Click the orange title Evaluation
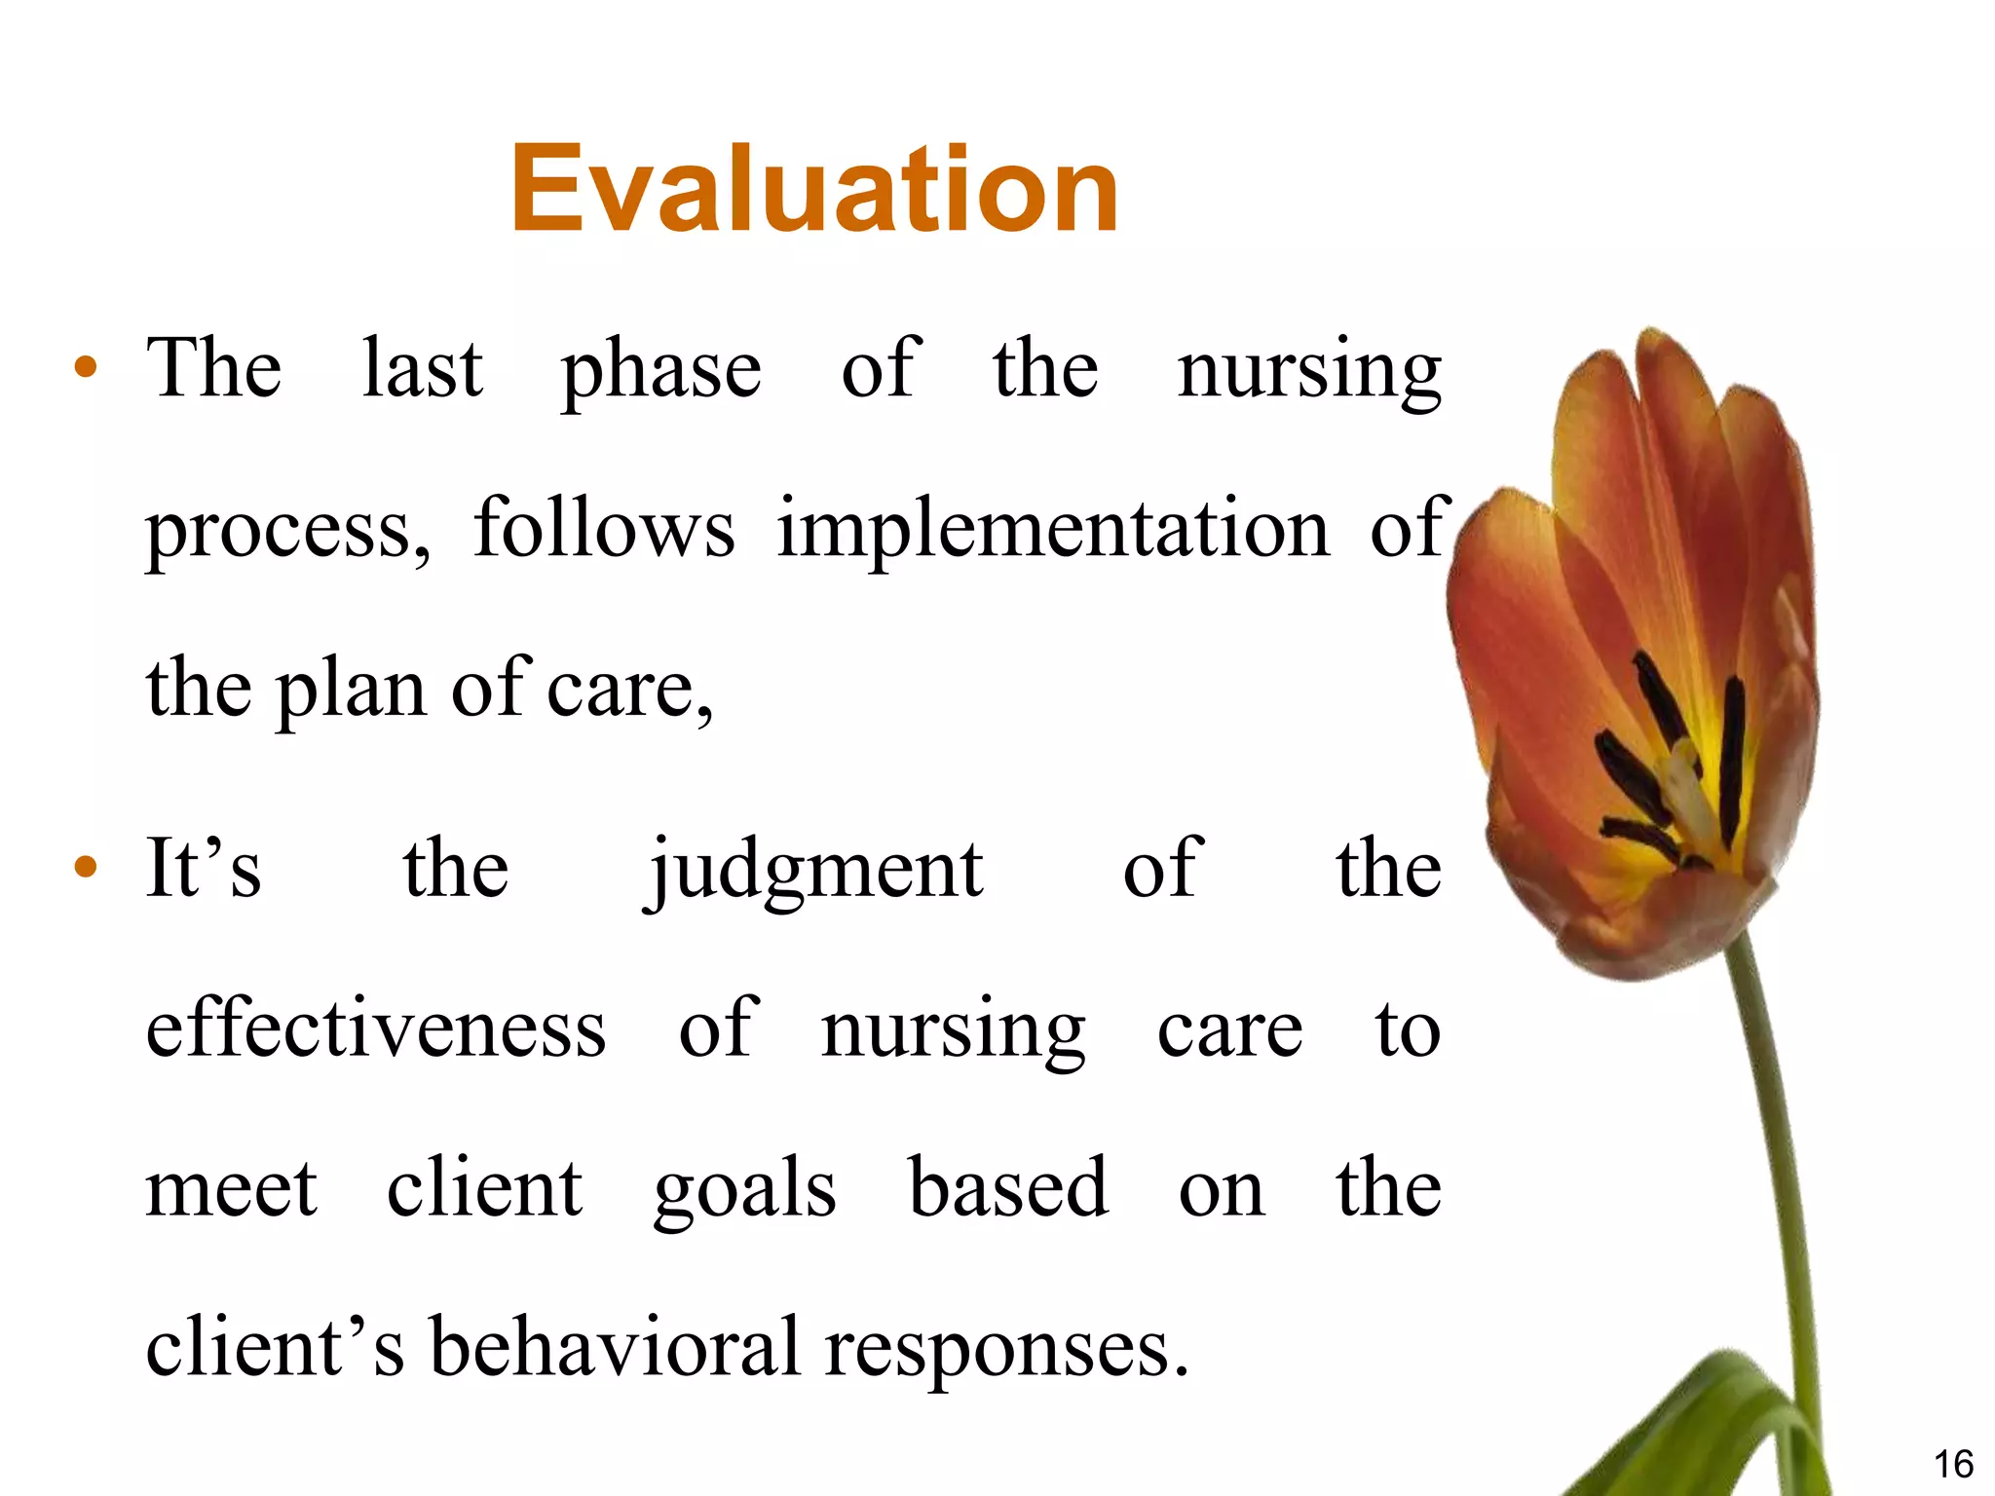814,189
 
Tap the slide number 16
1952,1464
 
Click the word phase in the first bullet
660,371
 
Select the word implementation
1052,531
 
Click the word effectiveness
375,1029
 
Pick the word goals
744,1190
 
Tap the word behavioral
615,1349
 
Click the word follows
604,529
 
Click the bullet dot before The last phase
86,368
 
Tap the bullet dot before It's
86,866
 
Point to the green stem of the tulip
1783,1169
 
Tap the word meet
231,1190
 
